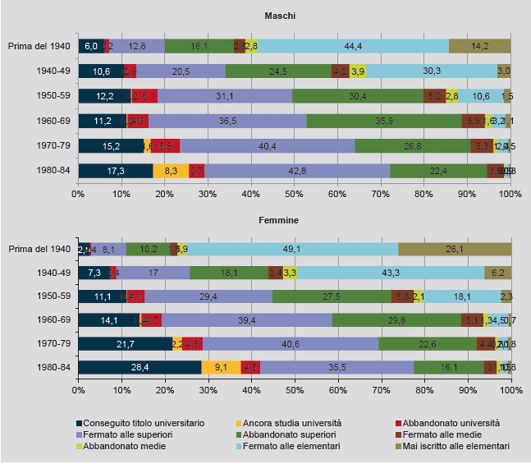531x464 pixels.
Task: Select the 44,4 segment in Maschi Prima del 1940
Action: pos(353,46)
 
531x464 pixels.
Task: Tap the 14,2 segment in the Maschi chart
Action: pos(479,46)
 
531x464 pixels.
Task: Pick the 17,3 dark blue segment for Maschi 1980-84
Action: pos(116,171)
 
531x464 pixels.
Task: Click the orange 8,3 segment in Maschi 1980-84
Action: pos(171,171)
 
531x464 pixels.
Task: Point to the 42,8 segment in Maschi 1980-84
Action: pos(297,171)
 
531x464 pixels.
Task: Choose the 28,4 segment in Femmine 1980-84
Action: pos(140,367)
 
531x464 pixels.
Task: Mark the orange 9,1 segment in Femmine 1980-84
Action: pos(221,367)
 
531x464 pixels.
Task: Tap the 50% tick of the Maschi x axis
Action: pos(294,194)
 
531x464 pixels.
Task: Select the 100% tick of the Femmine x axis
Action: pos(510,391)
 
